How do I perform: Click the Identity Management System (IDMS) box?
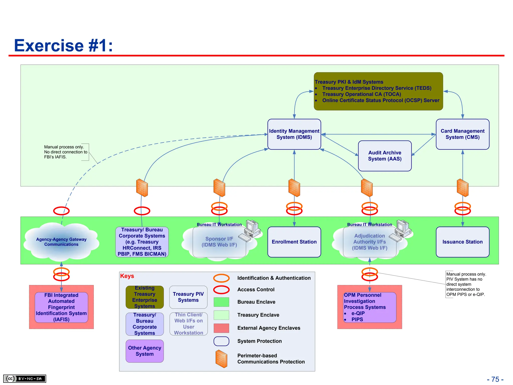pyautogui.click(x=294, y=134)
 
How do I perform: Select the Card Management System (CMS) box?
pyautogui.click(x=462, y=134)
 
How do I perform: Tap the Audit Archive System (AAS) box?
pyautogui.click(x=385, y=156)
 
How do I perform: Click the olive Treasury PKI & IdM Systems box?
pyautogui.click(x=378, y=91)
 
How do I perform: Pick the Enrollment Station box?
pyautogui.click(x=294, y=242)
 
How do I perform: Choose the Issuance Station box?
pyautogui.click(x=462, y=242)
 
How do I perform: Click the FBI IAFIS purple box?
pyautogui.click(x=61, y=307)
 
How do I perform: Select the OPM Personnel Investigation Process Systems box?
pyautogui.click(x=369, y=307)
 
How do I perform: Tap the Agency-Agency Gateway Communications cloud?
pyautogui.click(x=61, y=242)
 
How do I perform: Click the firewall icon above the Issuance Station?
pyautogui.click(x=462, y=188)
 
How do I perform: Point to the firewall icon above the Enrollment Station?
pyautogui.click(x=294, y=188)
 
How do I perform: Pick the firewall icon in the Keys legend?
pyautogui.click(x=221, y=359)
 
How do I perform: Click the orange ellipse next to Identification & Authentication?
pyautogui.click(x=221, y=278)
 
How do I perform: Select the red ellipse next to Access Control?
pyautogui.click(x=221, y=290)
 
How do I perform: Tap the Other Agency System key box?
pyautogui.click(x=145, y=351)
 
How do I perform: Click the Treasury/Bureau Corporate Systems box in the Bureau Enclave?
pyautogui.click(x=142, y=242)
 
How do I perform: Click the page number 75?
pyautogui.click(x=495, y=379)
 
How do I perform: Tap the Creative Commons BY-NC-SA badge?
pyautogui.click(x=25, y=378)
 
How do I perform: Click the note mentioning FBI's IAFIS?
pyautogui.click(x=66, y=152)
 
